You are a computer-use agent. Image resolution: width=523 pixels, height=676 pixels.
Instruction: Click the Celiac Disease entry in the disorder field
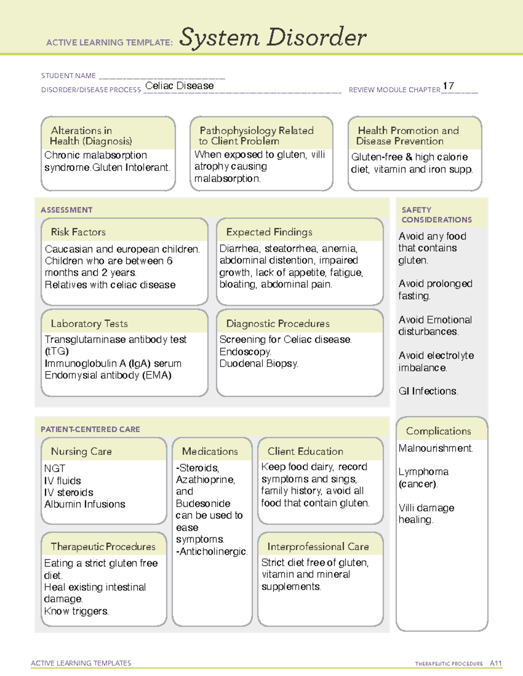pos(179,86)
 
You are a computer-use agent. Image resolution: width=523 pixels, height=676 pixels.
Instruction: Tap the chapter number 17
pos(448,86)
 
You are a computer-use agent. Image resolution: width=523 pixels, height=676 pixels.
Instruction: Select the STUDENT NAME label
pos(68,76)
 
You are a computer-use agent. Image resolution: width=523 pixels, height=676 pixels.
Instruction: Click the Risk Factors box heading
pos(78,232)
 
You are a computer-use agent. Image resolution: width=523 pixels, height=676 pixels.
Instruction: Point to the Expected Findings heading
pos(269,232)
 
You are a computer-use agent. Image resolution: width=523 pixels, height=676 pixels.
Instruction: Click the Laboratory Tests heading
pos(89,323)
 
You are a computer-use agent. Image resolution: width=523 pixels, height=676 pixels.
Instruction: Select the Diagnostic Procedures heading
pos(278,323)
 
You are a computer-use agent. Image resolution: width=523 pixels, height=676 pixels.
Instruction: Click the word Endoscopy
pos(245,352)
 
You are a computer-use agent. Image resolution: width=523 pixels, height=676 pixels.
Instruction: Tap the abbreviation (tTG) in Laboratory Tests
pos(57,351)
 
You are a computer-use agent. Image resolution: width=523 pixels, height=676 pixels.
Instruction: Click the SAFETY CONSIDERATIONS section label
pos(436,215)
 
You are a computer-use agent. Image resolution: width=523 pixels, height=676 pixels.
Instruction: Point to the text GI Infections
pos(428,391)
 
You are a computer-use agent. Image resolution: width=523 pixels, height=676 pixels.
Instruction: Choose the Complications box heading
pos(438,431)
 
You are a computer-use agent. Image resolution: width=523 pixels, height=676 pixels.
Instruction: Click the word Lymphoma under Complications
pos(423,472)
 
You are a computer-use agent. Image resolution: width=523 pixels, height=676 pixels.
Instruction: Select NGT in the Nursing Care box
pos(54,468)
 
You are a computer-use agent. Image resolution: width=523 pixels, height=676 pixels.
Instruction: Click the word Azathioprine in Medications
pos(205,480)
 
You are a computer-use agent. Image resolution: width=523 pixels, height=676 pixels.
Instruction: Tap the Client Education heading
pos(305,451)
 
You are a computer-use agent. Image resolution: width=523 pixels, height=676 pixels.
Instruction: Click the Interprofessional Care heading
pos(318,546)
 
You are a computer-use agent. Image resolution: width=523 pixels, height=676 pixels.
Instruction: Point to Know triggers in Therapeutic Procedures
pos(76,611)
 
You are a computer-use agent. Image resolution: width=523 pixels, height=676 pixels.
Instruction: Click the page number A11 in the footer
pos(496,663)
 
